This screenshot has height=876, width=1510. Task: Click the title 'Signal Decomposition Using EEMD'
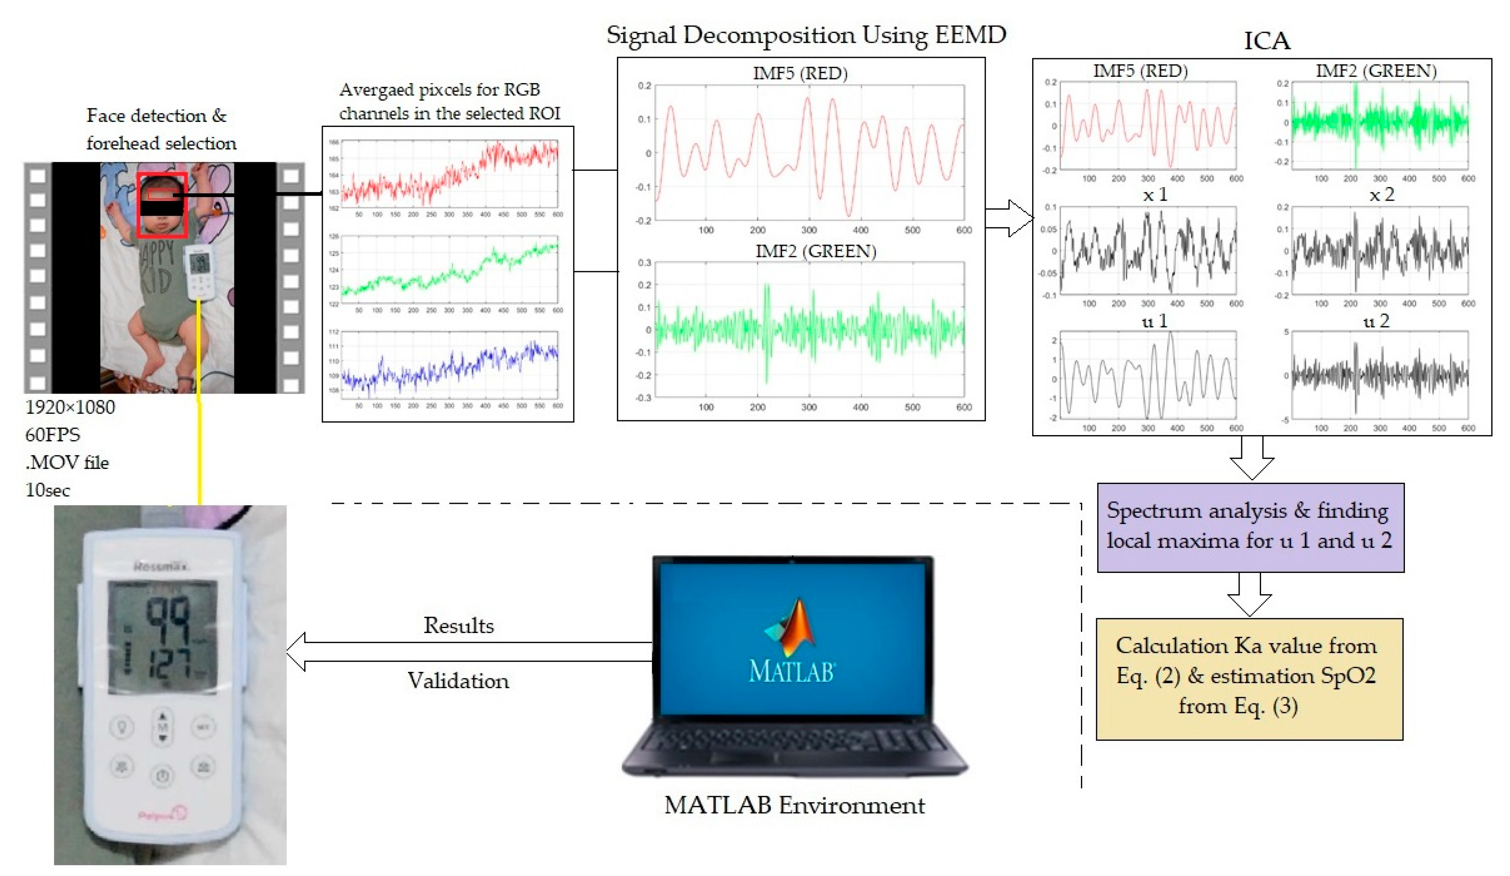[806, 35]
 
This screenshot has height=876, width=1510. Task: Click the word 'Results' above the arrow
[458, 625]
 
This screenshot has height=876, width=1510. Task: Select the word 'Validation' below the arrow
[458, 680]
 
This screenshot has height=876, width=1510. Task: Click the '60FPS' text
[53, 434]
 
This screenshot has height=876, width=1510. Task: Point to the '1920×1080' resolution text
[70, 407]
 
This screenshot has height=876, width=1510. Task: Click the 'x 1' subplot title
[1155, 195]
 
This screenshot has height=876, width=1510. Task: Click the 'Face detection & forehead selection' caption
[161, 129]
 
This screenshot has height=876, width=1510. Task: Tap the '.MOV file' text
[67, 462]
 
